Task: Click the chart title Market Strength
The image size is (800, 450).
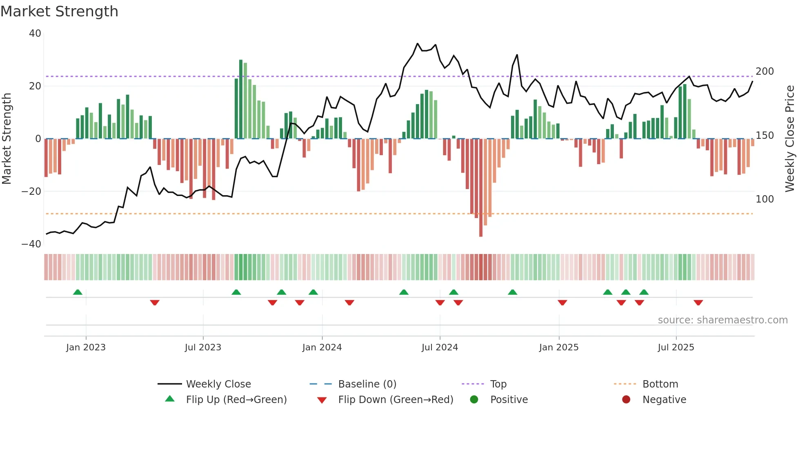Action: click(59, 11)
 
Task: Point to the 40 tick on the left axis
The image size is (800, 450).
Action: click(35, 33)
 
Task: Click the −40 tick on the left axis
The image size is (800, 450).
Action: click(31, 244)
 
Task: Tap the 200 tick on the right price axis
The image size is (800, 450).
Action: click(764, 71)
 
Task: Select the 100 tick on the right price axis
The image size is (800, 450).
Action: click(764, 199)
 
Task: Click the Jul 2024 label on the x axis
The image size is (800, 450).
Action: click(440, 348)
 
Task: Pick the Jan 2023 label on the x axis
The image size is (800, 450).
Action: click(86, 348)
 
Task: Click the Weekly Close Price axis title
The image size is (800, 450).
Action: click(790, 139)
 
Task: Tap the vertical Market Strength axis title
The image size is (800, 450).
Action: click(7, 139)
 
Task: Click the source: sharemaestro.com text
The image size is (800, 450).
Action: click(722, 320)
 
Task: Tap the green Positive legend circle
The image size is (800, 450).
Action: click(474, 400)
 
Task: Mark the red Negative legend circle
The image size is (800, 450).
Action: click(626, 400)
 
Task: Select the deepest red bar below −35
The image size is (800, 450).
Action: click(481, 188)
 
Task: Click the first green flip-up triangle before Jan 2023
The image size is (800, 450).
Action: click(78, 292)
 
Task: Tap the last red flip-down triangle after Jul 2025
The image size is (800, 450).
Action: click(698, 303)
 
